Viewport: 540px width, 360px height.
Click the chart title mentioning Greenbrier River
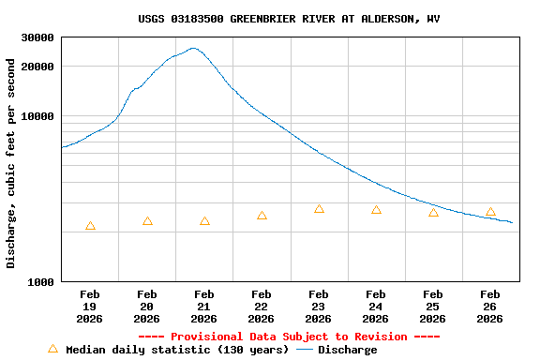coord(289,19)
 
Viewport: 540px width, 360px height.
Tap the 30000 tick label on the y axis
coord(37,38)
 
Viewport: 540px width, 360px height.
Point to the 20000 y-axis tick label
coord(37,67)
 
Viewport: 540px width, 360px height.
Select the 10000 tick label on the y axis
coord(37,117)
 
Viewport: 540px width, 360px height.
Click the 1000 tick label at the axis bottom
coord(41,282)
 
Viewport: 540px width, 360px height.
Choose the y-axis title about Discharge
coord(11,163)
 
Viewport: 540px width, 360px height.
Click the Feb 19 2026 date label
coord(90,307)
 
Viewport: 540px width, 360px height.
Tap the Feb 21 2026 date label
coord(204,307)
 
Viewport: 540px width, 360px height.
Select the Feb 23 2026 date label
coord(319,307)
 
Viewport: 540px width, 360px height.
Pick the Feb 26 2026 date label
coord(489,307)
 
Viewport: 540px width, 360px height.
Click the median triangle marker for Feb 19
coord(90,226)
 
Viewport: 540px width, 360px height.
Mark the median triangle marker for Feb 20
coord(147,221)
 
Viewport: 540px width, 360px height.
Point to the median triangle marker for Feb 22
coord(262,216)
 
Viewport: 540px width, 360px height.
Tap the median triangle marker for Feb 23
coord(319,209)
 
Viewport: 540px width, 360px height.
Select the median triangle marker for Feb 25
coord(433,213)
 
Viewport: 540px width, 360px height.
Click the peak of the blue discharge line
coord(193,48)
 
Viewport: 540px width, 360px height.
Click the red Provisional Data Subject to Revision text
coord(289,337)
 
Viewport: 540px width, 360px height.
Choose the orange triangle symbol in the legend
coord(52,349)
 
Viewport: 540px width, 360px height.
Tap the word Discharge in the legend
coord(347,350)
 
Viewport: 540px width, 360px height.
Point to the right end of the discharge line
coord(512,222)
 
